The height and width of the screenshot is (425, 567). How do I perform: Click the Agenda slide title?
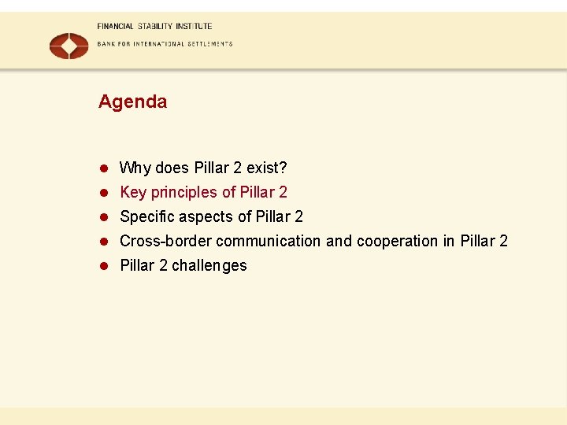[132, 102]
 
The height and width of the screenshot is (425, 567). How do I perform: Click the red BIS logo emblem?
[69, 46]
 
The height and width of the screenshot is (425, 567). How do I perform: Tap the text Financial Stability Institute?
[154, 26]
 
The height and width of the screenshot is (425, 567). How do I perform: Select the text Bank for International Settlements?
[165, 44]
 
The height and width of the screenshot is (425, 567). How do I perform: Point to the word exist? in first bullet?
[267, 168]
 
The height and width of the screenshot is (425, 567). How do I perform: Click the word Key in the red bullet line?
[133, 192]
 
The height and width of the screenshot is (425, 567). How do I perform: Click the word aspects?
[204, 216]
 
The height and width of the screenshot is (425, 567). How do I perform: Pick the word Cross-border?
[165, 241]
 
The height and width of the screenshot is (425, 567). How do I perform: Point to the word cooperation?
[397, 241]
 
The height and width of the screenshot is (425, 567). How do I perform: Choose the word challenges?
[209, 265]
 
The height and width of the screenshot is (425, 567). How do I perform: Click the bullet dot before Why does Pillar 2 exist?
[102, 168]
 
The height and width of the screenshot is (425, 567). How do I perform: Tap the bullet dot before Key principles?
[102, 193]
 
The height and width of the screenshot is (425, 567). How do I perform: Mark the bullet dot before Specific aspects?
[102, 217]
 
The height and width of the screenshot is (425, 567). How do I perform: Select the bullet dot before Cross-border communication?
[102, 242]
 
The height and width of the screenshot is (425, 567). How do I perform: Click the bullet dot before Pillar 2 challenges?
[102, 266]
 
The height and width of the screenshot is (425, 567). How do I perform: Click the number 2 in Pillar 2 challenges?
[163, 265]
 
